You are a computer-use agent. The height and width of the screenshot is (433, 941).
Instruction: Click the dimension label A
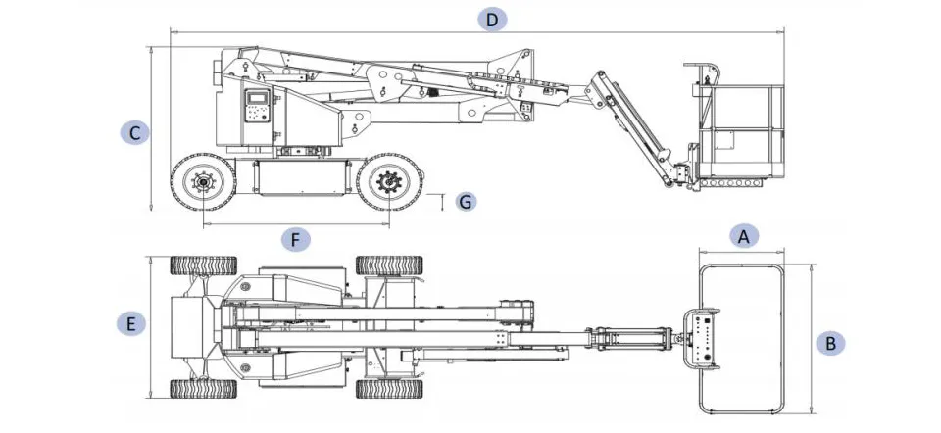(744, 235)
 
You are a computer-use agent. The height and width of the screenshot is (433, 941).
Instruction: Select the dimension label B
(830, 343)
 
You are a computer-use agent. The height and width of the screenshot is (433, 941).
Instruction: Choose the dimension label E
(130, 323)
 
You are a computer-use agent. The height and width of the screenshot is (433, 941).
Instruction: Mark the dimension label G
(466, 202)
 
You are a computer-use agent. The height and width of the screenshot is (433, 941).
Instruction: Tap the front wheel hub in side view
(389, 182)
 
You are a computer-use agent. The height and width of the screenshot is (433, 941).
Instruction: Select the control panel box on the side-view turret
(257, 106)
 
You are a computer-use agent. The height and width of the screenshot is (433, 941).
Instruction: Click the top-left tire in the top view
(204, 265)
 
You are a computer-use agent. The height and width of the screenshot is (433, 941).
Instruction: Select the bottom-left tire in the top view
(204, 388)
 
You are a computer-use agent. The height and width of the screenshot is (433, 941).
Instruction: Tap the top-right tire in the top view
(389, 265)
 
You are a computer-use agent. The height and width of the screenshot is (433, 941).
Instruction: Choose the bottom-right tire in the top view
(389, 388)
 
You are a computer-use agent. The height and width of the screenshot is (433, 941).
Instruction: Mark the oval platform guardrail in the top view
(742, 266)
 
